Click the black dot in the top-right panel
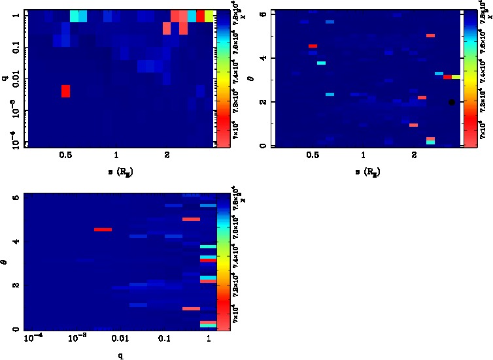[x=451, y=102]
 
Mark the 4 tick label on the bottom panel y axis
[x=16, y=242]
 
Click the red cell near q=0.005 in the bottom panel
[x=103, y=229]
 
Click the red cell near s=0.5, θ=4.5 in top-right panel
[x=313, y=46]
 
